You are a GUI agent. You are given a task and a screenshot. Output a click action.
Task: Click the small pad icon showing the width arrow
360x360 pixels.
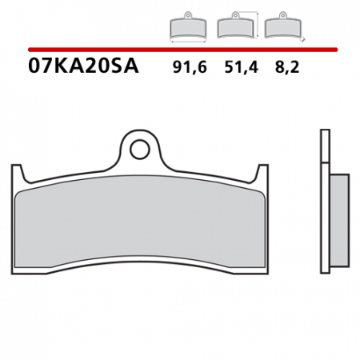tap(187, 27)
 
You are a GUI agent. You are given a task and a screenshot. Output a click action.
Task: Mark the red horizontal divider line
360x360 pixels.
tap(180, 50)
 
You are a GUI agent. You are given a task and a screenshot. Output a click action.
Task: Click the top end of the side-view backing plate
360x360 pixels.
tap(324, 130)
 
